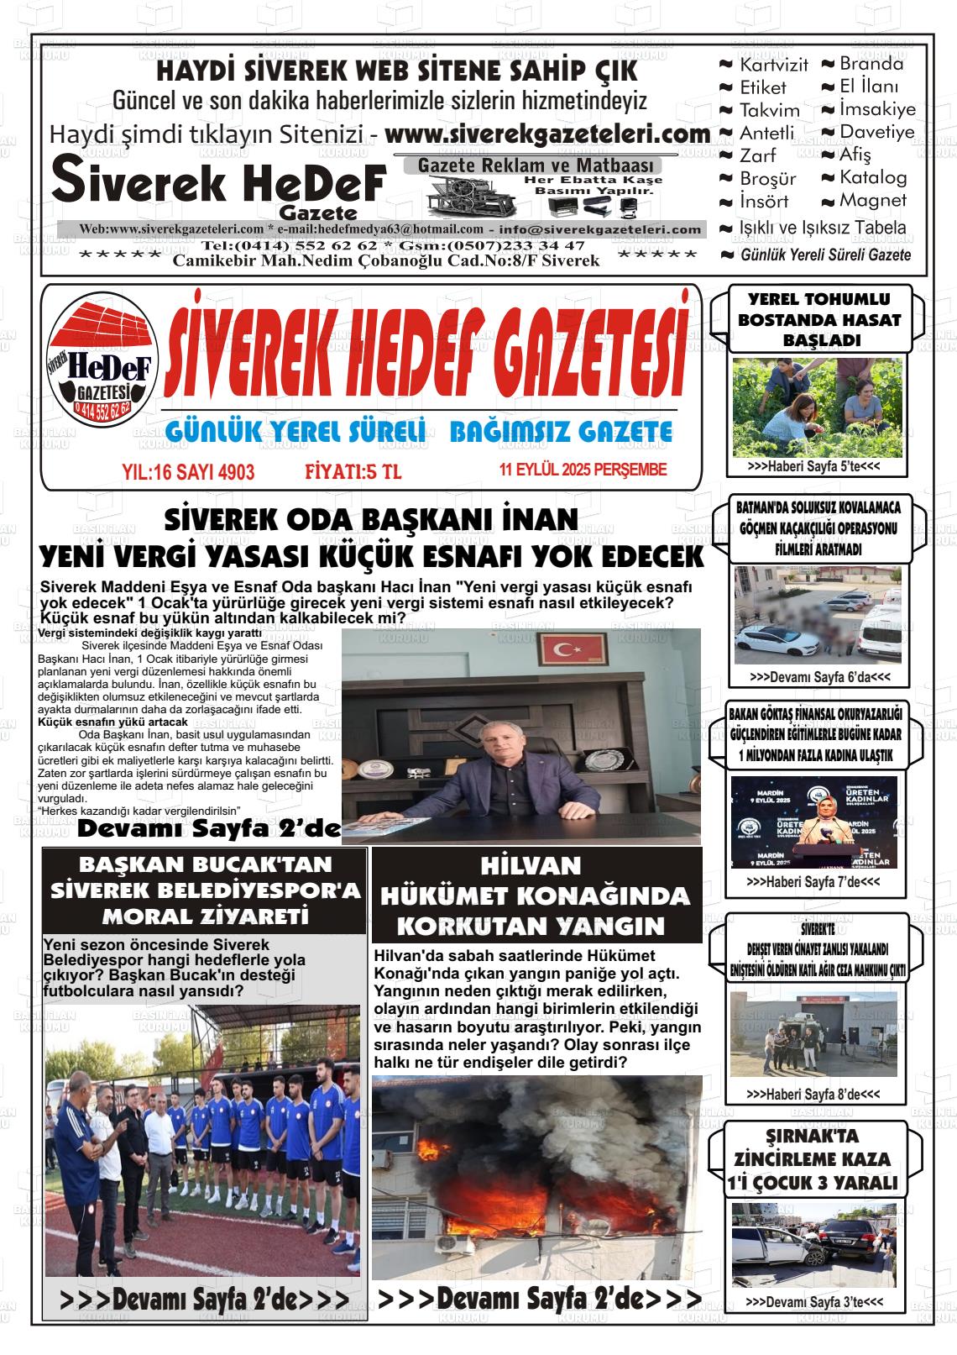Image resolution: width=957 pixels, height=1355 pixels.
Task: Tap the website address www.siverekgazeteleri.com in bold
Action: (x=547, y=134)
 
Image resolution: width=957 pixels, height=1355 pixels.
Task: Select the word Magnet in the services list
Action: (x=873, y=201)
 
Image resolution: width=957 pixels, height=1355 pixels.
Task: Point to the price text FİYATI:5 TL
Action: (x=353, y=472)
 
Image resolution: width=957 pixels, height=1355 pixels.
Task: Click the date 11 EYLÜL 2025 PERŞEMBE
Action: (x=583, y=470)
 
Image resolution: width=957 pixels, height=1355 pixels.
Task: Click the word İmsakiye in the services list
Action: (x=877, y=109)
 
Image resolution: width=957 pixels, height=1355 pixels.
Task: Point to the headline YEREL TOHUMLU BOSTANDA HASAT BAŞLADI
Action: (x=807, y=319)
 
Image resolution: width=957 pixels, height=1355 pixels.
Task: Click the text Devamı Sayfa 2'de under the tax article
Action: (x=208, y=830)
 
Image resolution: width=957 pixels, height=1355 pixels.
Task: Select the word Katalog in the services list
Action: (x=873, y=177)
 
